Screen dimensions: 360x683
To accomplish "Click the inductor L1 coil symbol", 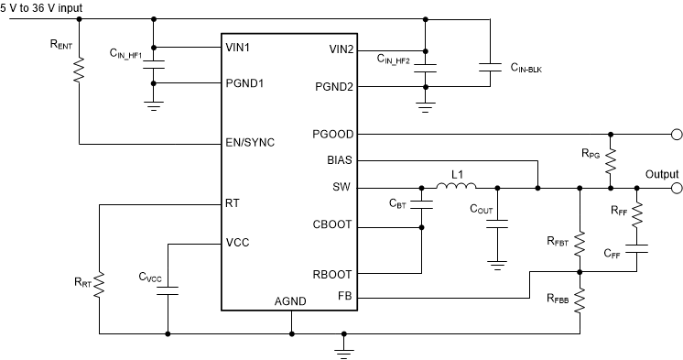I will click(x=455, y=190).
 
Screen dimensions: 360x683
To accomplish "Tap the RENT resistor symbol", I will click(x=81, y=70).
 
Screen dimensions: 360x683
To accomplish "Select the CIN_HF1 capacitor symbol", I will click(x=153, y=65).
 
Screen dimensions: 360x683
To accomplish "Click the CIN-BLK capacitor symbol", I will click(x=492, y=65).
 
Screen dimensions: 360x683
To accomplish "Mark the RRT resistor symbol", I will click(x=99, y=283).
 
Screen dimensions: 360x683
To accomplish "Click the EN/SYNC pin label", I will click(x=250, y=143).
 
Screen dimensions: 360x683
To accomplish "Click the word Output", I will click(x=661, y=174).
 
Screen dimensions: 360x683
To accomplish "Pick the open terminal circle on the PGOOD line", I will click(x=676, y=134).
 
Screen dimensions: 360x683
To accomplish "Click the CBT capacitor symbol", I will click(x=422, y=206).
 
